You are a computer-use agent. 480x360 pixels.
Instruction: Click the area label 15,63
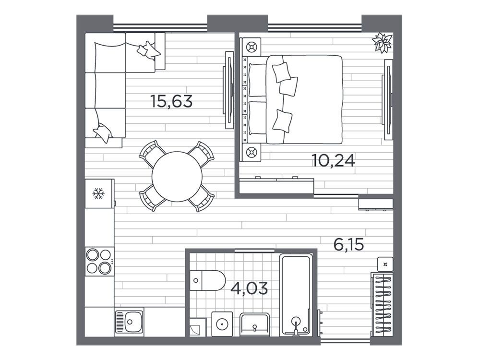tap(171, 101)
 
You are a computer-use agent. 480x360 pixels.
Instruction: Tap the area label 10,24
tap(334, 160)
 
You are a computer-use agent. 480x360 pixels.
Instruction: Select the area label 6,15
tap(348, 245)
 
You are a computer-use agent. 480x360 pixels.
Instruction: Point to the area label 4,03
tap(249, 288)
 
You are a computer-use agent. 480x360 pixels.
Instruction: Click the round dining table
tap(177, 177)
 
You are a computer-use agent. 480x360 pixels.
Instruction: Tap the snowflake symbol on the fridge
tap(98, 194)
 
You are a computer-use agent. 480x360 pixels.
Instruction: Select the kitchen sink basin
tap(129, 322)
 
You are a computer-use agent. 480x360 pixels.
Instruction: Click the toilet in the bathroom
tap(207, 280)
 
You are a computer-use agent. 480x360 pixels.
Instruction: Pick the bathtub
tap(296, 295)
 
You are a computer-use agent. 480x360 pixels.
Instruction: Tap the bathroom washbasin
tap(255, 324)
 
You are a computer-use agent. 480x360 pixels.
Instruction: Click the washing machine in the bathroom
tap(222, 324)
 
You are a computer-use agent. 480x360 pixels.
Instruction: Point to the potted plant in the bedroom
tap(382, 42)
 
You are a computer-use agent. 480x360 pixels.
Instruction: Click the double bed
tap(292, 99)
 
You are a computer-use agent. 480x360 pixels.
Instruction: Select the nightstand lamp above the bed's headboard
tap(252, 47)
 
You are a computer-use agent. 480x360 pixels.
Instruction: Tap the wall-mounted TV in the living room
tap(228, 90)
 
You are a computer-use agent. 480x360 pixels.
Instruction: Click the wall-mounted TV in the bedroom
tap(387, 99)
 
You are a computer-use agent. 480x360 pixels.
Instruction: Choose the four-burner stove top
tap(99, 262)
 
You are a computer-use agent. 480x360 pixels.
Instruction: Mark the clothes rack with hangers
tap(382, 302)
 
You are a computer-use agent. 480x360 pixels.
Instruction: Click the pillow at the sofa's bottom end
tap(103, 132)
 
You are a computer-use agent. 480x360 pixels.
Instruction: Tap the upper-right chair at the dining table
tap(202, 154)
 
